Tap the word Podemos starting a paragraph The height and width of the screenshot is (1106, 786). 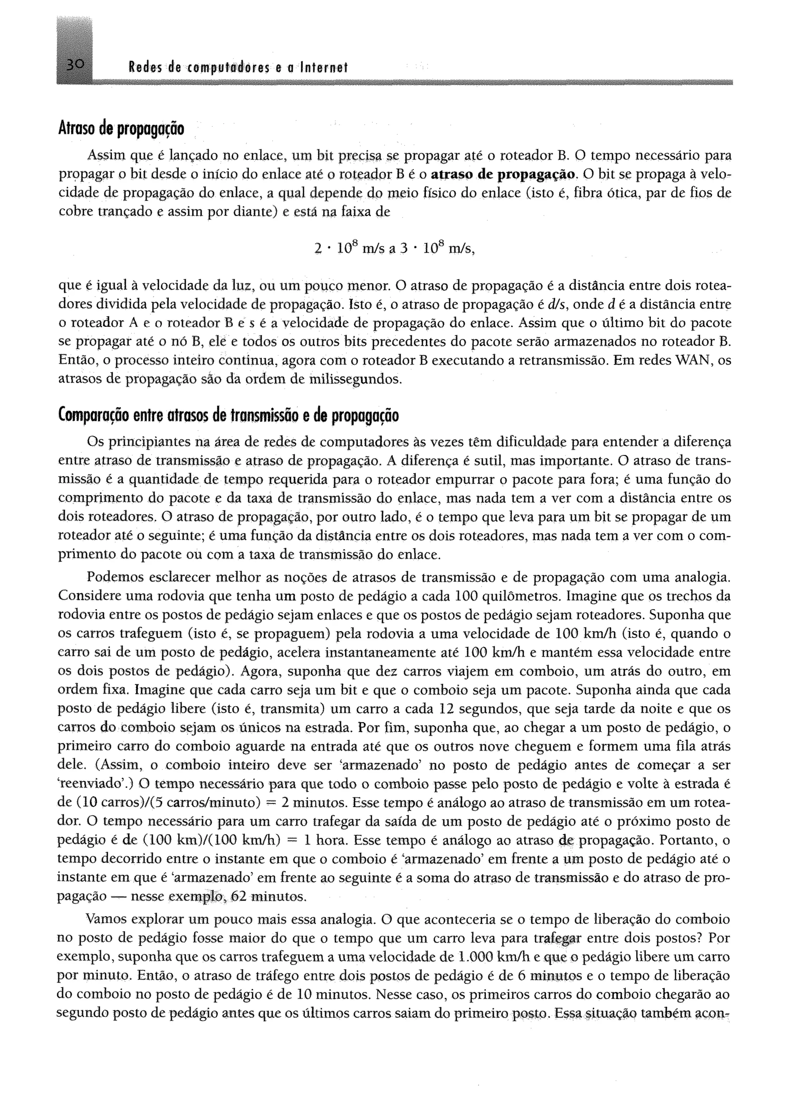click(114, 577)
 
